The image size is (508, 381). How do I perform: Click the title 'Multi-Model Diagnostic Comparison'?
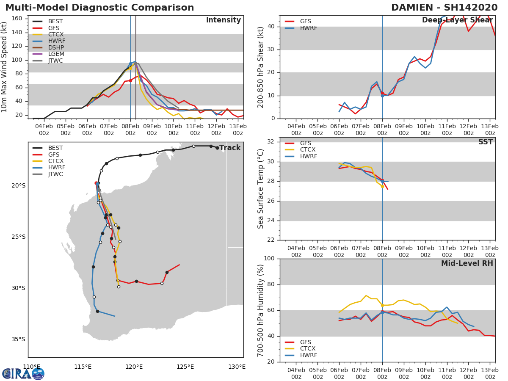(x=99, y=8)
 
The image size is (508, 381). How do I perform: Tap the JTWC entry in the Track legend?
(x=55, y=174)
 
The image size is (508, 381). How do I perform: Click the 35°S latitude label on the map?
(x=18, y=339)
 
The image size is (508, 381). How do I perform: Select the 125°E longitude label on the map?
(x=185, y=367)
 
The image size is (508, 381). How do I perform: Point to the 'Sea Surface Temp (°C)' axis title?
(x=261, y=189)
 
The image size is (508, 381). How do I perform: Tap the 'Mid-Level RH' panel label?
(x=467, y=263)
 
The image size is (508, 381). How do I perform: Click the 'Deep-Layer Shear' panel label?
(x=457, y=20)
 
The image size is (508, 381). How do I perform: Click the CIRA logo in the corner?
(x=23, y=374)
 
